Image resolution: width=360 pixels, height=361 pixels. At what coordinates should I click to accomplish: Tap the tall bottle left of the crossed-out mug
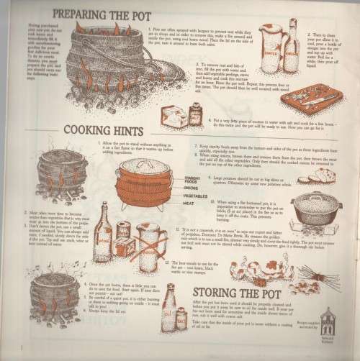coord(103,232)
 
